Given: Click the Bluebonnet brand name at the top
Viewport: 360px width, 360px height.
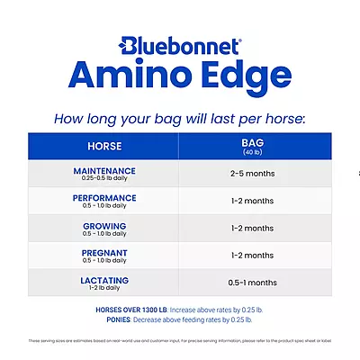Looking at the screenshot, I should (x=180, y=44).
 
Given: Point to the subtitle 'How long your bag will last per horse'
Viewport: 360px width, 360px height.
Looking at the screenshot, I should (x=180, y=118).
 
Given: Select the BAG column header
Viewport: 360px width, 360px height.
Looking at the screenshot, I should (x=252, y=142).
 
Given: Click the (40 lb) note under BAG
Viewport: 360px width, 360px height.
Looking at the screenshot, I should (x=252, y=152).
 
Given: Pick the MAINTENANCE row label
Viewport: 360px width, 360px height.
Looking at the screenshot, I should (x=104, y=170).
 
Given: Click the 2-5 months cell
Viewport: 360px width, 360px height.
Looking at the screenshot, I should (x=252, y=174).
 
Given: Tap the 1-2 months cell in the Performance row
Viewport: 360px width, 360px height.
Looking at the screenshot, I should (x=252, y=201).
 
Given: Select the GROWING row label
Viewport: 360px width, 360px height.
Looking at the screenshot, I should (x=104, y=225).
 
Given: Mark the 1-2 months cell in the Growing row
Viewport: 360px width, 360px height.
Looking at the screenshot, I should (x=252, y=229).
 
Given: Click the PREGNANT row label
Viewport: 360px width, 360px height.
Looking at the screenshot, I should (x=104, y=253).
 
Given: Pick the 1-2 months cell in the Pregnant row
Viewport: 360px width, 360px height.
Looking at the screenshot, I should (x=252, y=256).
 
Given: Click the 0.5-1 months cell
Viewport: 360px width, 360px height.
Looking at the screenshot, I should (x=252, y=283).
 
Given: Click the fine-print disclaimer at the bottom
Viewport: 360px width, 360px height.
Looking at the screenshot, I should (x=180, y=341).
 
